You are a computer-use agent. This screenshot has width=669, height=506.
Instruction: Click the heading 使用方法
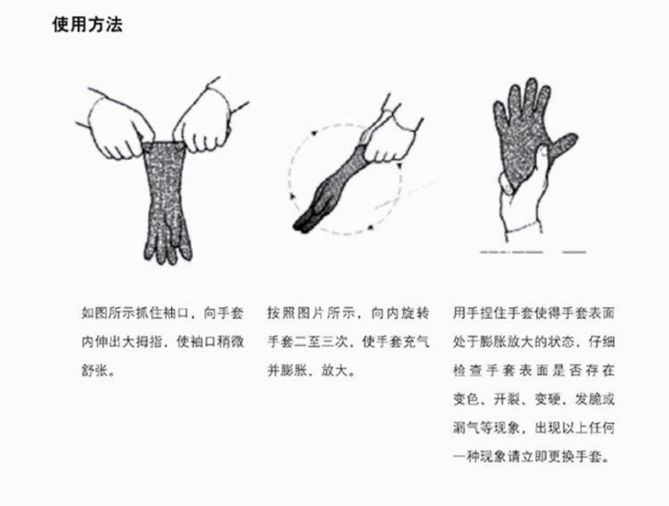(87, 25)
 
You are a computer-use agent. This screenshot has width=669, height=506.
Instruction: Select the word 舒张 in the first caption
(95, 370)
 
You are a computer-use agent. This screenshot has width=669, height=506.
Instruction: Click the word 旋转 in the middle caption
(415, 313)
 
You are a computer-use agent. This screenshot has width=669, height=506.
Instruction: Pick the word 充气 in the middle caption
(416, 342)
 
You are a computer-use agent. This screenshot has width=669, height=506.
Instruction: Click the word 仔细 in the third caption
(601, 342)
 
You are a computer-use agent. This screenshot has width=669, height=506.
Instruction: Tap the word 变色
(466, 399)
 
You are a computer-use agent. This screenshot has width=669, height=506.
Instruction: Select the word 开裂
(506, 399)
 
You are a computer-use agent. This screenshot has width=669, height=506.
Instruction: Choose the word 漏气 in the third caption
(466, 427)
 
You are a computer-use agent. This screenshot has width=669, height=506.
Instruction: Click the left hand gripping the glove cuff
(118, 126)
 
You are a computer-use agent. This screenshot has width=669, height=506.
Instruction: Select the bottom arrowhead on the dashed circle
(370, 227)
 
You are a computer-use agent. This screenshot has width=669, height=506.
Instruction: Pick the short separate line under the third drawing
(574, 252)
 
